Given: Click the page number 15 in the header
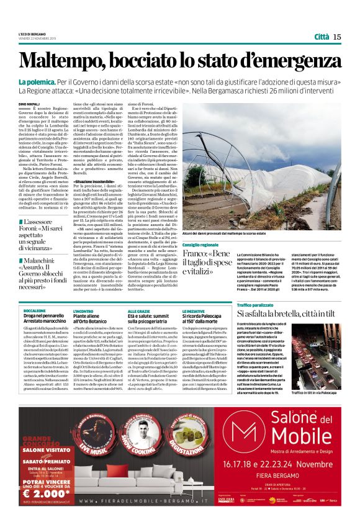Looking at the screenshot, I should [x=336, y=37].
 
